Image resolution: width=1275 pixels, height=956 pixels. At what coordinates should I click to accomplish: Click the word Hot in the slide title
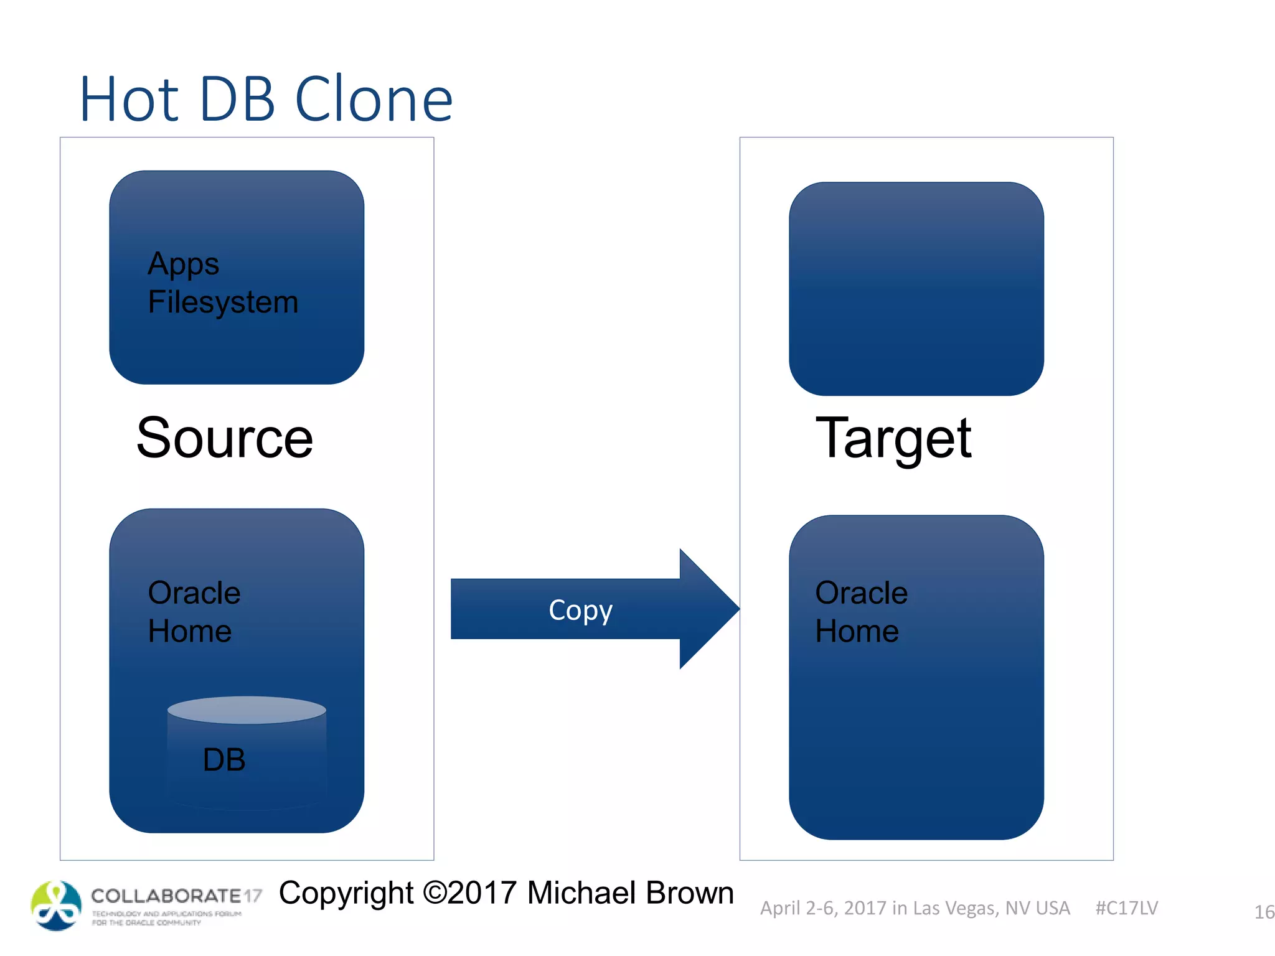pyautogui.click(x=129, y=100)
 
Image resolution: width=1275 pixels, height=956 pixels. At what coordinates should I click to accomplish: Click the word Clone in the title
pyautogui.click(x=374, y=100)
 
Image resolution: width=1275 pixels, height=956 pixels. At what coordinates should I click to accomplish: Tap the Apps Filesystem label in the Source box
pyautogui.click(x=223, y=283)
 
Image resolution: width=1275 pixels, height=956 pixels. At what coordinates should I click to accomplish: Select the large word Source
pyautogui.click(x=225, y=438)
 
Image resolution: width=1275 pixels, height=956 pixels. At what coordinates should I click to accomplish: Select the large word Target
pyautogui.click(x=893, y=438)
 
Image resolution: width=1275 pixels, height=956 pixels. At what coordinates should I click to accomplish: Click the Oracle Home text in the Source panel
pyautogui.click(x=194, y=612)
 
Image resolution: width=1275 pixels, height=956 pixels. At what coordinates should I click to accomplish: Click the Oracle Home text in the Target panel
pyautogui.click(x=861, y=612)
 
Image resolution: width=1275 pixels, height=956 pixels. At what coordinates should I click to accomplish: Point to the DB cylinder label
pyautogui.click(x=224, y=760)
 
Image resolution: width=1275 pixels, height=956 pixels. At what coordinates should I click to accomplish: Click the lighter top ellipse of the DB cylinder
pyautogui.click(x=247, y=710)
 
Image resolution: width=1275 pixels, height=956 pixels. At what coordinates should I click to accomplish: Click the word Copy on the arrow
pyautogui.click(x=580, y=611)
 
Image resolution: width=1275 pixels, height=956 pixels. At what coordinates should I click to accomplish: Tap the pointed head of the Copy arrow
pyautogui.click(x=710, y=609)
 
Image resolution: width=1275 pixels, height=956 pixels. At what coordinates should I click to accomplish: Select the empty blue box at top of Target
pyautogui.click(x=916, y=289)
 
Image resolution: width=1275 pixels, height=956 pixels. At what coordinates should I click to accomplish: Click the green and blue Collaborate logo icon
pyautogui.click(x=56, y=906)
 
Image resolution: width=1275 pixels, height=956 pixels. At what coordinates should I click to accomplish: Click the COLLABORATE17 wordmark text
pyautogui.click(x=176, y=896)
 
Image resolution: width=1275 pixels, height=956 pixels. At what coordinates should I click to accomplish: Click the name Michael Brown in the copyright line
pyautogui.click(x=630, y=893)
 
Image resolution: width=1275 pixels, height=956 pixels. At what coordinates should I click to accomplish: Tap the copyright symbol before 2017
pyautogui.click(x=435, y=893)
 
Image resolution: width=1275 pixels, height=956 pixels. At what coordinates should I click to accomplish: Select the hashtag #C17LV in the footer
pyautogui.click(x=1126, y=908)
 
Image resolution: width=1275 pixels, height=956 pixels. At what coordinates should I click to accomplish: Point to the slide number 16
pyautogui.click(x=1264, y=912)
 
